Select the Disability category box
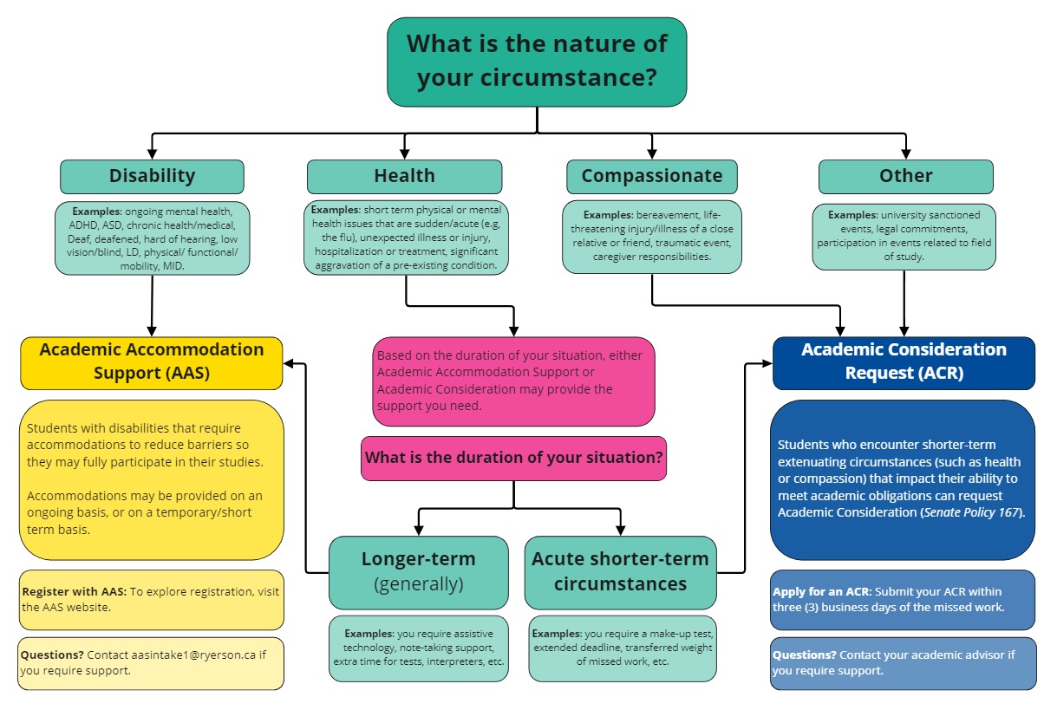(x=152, y=176)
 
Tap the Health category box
(x=404, y=176)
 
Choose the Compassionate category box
(x=651, y=176)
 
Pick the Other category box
(x=905, y=176)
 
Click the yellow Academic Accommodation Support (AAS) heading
(x=152, y=362)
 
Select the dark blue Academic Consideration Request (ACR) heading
(x=904, y=362)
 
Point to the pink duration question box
(x=513, y=458)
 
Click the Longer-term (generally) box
(x=418, y=571)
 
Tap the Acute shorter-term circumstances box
(x=620, y=571)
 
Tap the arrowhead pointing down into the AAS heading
(x=152, y=331)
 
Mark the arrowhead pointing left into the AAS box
(x=290, y=364)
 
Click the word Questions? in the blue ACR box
(x=804, y=655)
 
